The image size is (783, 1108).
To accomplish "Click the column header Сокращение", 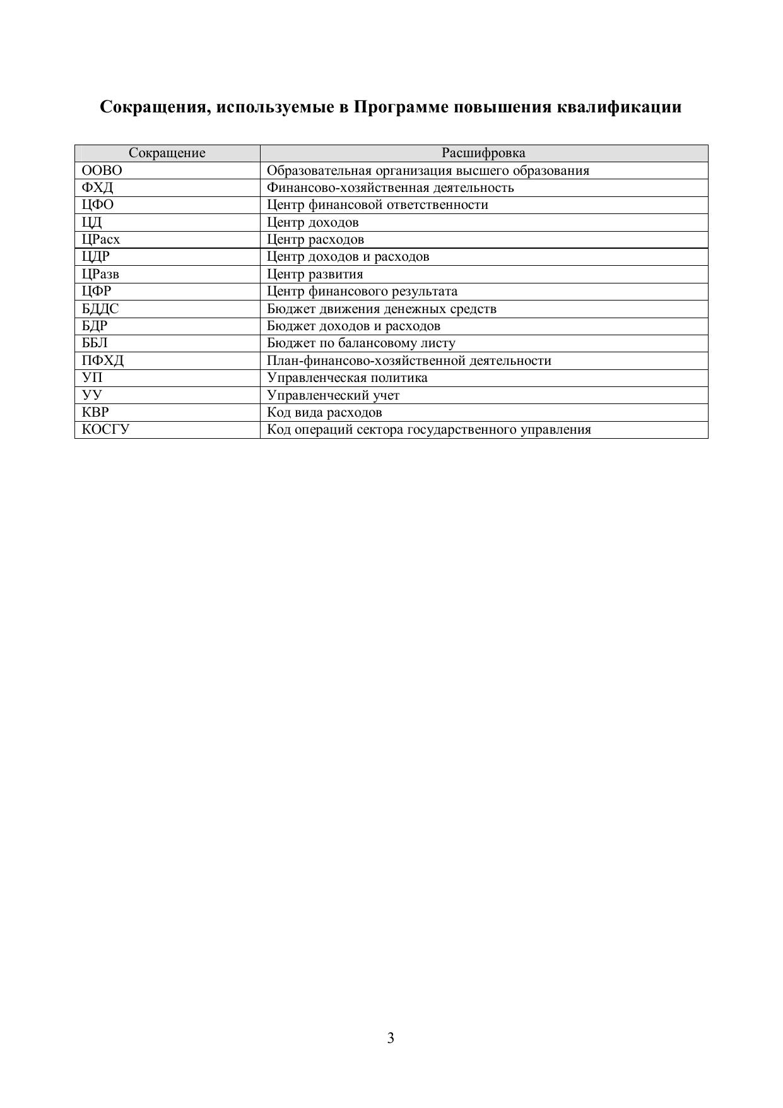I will point(167,153).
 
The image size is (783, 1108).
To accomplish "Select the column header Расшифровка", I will point(483,153).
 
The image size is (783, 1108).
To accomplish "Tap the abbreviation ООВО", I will point(102,170).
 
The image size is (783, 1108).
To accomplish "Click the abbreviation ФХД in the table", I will point(98,188).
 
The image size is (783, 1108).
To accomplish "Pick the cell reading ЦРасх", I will point(101,240).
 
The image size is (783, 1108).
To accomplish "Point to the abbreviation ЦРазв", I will point(100,274).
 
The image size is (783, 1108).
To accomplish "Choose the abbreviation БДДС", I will point(100,309).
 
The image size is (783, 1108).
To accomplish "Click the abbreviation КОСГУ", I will point(106,430).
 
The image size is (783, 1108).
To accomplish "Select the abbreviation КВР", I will point(96,413).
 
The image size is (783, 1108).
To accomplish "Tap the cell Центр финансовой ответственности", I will point(377,205).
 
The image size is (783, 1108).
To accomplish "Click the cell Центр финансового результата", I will point(362,292).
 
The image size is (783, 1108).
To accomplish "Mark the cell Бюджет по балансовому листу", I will point(361,343).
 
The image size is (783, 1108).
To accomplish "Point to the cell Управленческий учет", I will point(333,396).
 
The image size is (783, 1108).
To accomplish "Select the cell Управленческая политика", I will point(347,378).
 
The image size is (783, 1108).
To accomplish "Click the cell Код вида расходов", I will point(324,413).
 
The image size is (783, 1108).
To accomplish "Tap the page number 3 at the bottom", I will point(391,1039).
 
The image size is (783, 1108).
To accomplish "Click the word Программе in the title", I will point(401,107).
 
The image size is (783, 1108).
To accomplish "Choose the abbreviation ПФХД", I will point(103,361).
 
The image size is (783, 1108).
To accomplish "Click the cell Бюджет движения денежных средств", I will point(382,309).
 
